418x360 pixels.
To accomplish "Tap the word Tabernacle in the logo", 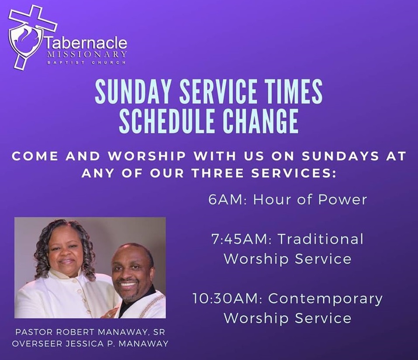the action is tap(86, 43).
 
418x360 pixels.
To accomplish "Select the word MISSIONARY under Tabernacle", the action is tap(86, 54).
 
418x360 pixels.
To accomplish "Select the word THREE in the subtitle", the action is tap(218, 174).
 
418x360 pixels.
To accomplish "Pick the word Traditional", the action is tap(321, 239).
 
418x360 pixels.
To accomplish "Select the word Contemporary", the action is tap(325, 299).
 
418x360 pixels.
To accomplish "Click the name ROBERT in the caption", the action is tap(76, 333).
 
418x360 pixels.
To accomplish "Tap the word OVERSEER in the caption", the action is tap(37, 343).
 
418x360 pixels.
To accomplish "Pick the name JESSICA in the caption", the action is tap(84, 343).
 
